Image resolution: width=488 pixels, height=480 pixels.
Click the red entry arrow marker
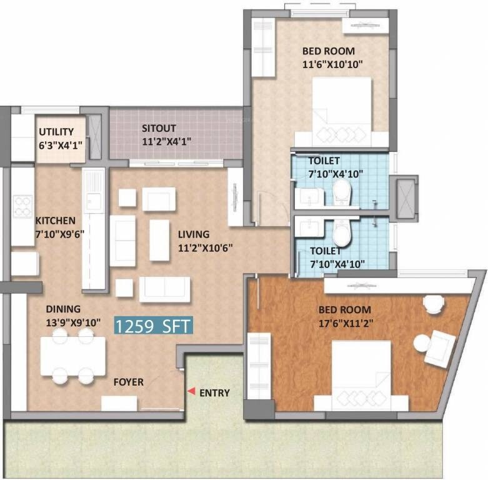(191, 391)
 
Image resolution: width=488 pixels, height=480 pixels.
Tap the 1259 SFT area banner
(153, 326)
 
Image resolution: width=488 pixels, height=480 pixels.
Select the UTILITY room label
(56, 132)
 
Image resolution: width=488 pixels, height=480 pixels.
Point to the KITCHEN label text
(56, 221)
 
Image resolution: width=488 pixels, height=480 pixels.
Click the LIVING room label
(194, 234)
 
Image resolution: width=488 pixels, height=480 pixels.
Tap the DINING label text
(62, 309)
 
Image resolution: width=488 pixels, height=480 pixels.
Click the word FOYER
(128, 381)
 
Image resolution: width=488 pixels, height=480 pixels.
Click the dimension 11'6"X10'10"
(333, 64)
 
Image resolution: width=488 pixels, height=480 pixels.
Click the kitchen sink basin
(95, 201)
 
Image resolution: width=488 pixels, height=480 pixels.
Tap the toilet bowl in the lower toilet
(342, 234)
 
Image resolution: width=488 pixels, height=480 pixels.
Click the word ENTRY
(214, 393)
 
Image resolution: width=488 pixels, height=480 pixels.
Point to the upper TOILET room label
(324, 161)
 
